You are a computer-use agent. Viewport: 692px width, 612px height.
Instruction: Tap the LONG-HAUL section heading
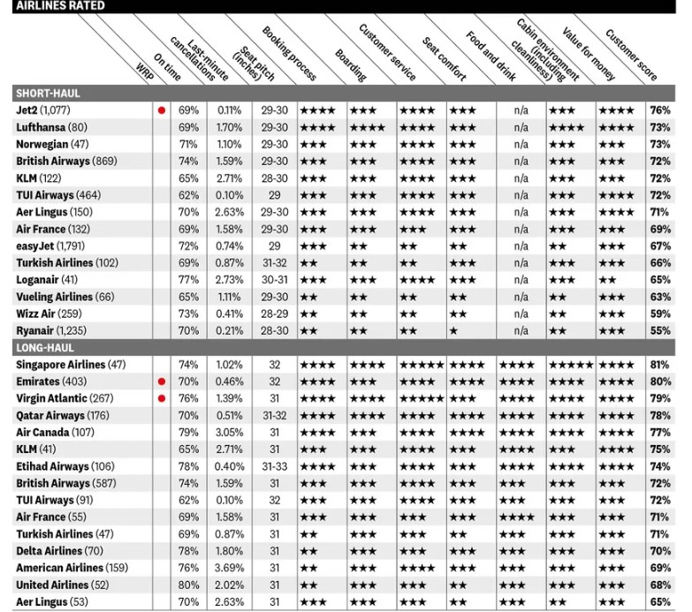[x=47, y=347]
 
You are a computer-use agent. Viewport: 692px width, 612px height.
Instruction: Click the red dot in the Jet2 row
[x=161, y=111]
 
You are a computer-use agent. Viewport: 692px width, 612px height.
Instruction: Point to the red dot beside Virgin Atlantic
[x=161, y=398]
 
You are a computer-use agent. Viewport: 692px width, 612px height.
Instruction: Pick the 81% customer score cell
[x=659, y=365]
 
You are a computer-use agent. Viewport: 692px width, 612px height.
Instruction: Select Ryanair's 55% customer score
[x=659, y=329]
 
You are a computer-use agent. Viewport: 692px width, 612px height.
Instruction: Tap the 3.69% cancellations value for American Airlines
[x=230, y=568]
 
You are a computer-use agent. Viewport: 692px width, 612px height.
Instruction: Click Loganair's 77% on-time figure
[x=188, y=279]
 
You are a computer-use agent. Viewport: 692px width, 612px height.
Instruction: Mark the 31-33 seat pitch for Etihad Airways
[x=274, y=466]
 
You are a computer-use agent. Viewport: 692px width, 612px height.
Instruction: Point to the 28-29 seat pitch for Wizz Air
[x=274, y=313]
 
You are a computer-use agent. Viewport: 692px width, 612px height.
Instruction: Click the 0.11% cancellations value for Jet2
[x=230, y=111]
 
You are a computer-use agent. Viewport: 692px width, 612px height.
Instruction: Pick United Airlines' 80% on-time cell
[x=188, y=585]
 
